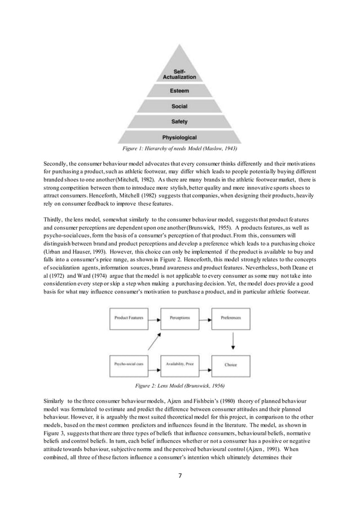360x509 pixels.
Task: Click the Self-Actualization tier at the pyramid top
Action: tap(179, 73)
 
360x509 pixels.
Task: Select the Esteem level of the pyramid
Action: tap(179, 90)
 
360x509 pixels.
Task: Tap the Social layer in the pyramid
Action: tap(179, 106)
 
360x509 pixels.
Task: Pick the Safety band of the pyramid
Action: tap(179, 121)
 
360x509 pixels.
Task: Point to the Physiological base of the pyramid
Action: tap(179, 137)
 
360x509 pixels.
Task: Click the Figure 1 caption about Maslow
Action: tap(179, 149)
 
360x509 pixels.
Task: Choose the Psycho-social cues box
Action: tap(128, 365)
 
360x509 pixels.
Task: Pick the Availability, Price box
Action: tap(179, 365)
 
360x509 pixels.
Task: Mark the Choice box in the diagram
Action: tap(231, 365)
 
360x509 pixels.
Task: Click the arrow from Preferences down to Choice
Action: tap(231, 342)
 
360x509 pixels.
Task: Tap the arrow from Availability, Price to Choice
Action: tap(205, 365)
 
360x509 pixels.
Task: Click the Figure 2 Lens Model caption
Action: tap(179, 386)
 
